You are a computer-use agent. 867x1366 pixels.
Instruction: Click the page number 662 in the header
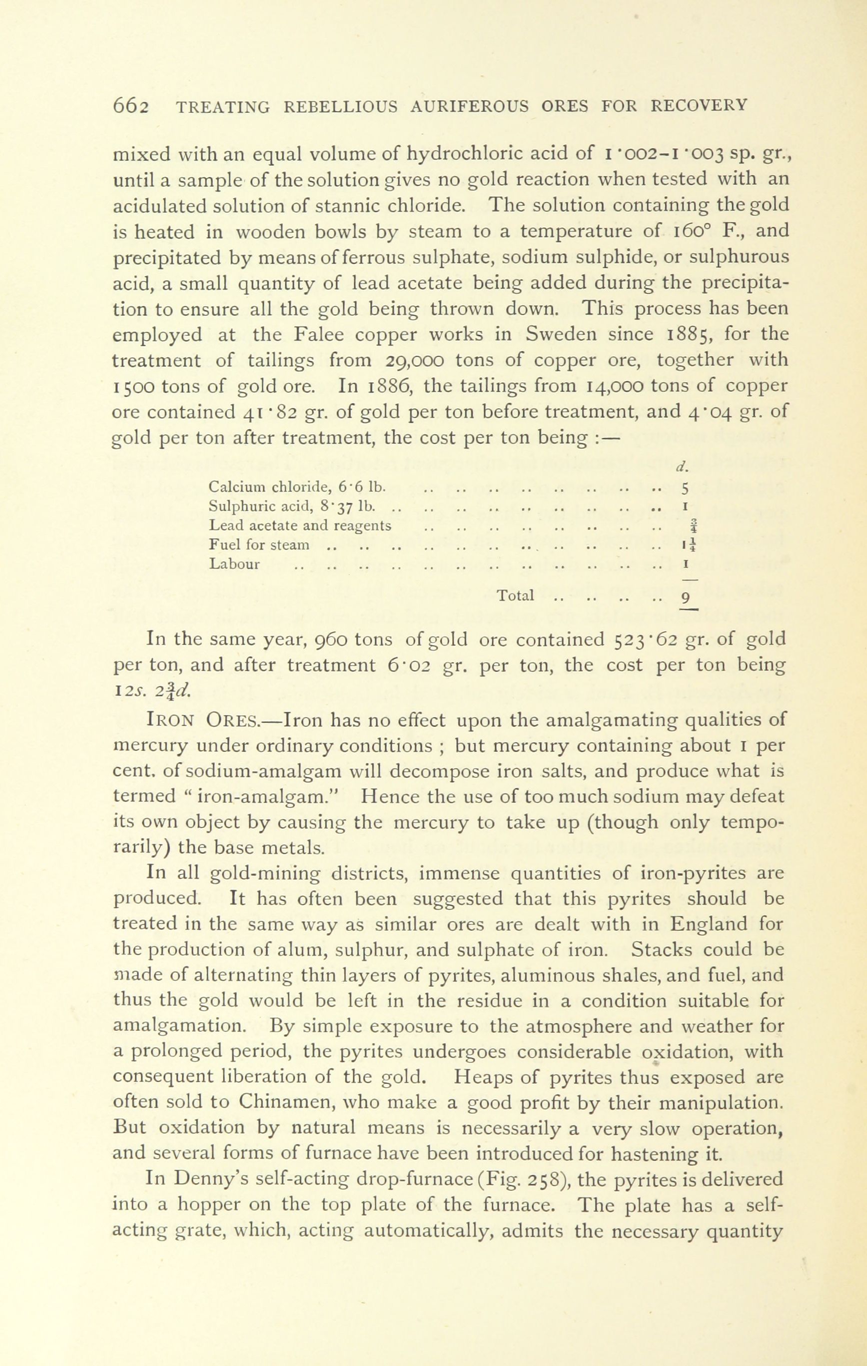point(131,106)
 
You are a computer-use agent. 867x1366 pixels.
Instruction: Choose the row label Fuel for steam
point(259,545)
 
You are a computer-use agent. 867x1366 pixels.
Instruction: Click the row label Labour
point(234,565)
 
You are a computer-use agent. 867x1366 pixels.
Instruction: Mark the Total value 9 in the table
point(686,598)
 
